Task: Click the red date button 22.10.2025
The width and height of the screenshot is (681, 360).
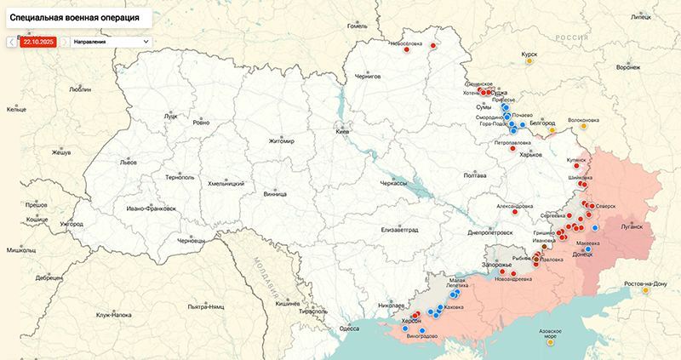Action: pyautogui.click(x=37, y=41)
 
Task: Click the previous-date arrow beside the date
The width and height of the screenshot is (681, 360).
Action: pyautogui.click(x=11, y=41)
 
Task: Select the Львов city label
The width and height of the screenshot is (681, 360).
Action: pyautogui.click(x=129, y=162)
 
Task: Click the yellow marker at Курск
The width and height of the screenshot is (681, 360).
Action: pyautogui.click(x=530, y=60)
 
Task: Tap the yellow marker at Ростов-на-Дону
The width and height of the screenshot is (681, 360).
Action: pyautogui.click(x=646, y=290)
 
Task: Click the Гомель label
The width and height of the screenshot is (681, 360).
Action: pyautogui.click(x=357, y=26)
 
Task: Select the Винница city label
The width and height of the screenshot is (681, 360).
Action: pyautogui.click(x=275, y=193)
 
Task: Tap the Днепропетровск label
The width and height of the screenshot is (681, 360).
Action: pyautogui.click(x=492, y=231)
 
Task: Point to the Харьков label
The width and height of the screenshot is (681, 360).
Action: pyautogui.click(x=530, y=154)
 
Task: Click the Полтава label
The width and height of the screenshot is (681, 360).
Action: pyautogui.click(x=474, y=175)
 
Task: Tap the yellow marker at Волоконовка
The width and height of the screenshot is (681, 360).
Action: pyautogui.click(x=584, y=130)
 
